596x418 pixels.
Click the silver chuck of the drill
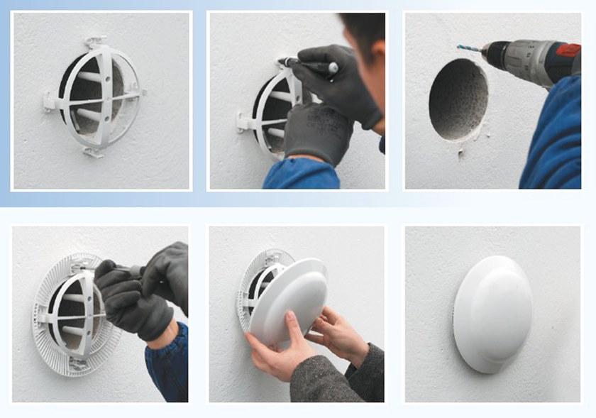495,53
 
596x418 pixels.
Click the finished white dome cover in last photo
492,312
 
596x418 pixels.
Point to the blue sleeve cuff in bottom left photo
167,362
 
